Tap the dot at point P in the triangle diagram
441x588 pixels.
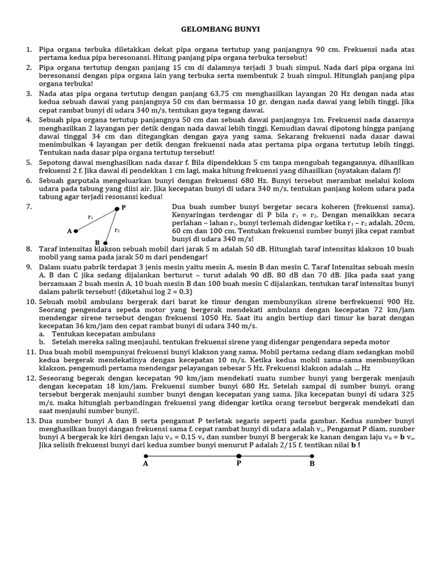[x=117, y=208]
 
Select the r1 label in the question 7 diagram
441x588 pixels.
[x=90, y=217]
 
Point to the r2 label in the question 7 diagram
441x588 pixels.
[x=117, y=230]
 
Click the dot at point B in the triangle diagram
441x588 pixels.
[x=105, y=243]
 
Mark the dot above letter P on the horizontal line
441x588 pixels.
[x=239, y=455]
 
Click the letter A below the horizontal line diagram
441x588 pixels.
[x=145, y=463]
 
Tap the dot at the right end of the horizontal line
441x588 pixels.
[x=312, y=455]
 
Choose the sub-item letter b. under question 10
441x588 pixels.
[x=42, y=342]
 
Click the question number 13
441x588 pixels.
[x=30, y=421]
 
